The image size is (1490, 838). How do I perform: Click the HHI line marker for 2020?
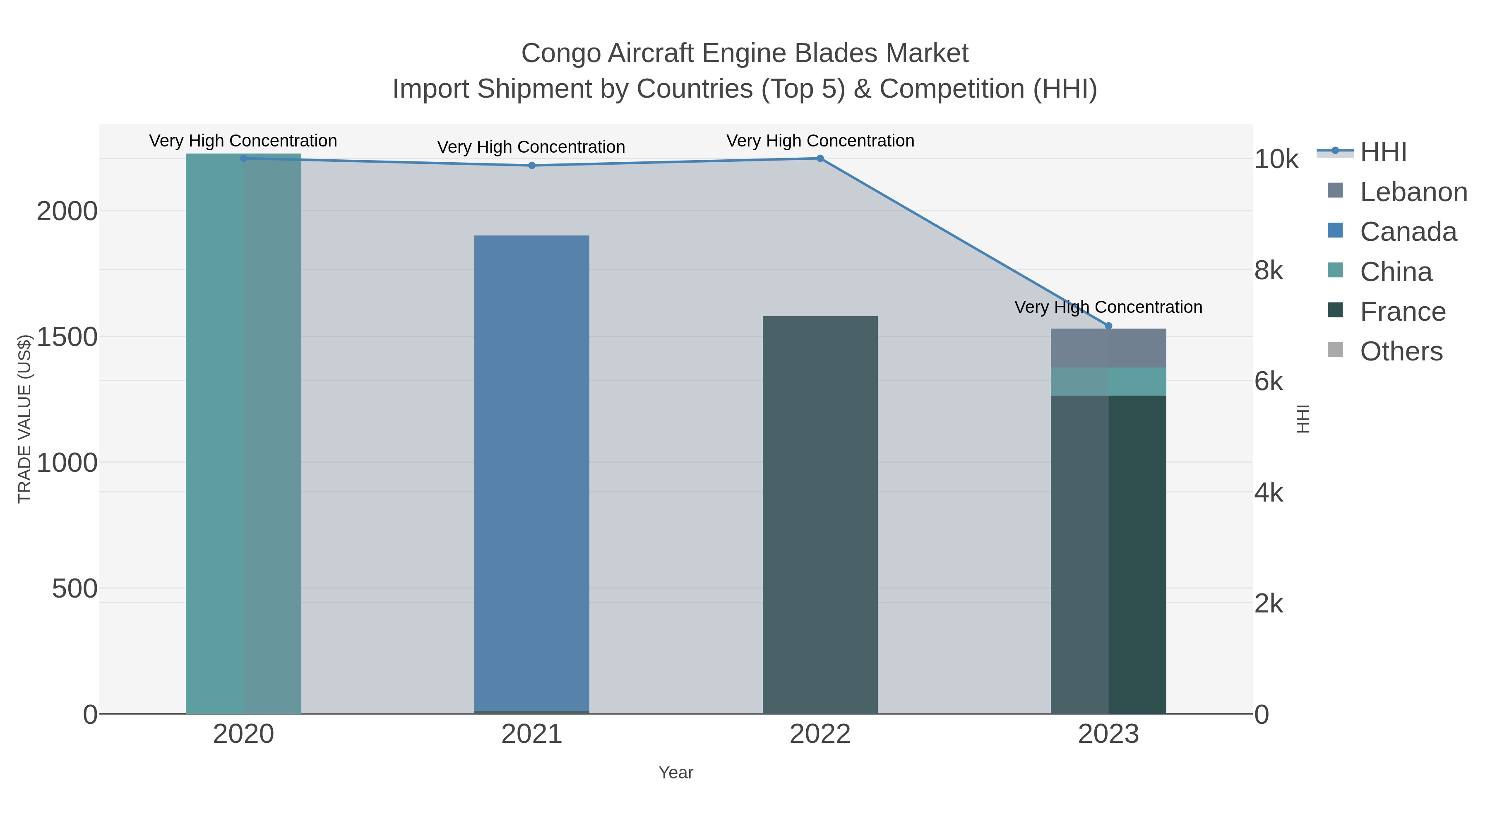[243, 158]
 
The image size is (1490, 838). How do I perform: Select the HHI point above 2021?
[531, 166]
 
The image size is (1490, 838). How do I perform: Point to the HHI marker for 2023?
[1108, 326]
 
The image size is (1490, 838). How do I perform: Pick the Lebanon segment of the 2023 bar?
[1108, 348]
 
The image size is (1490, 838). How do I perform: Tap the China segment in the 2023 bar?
[1108, 381]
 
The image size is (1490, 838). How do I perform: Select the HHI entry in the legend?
[1383, 152]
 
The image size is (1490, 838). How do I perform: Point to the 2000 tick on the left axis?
[67, 211]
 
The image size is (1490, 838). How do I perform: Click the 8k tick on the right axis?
[1269, 270]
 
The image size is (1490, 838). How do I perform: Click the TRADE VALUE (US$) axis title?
[24, 419]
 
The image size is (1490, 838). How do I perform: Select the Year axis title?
[675, 773]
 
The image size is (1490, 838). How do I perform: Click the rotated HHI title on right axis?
[1302, 419]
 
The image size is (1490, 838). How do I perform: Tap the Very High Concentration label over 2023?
[1108, 307]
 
